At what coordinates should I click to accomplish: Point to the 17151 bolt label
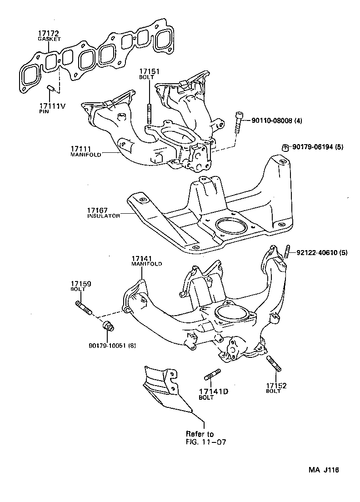coord(149,72)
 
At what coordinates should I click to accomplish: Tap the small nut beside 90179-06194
coord(285,147)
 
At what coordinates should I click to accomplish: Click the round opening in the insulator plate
coord(232,225)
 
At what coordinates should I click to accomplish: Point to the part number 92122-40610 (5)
coord(322,252)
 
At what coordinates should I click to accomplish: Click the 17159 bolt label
coord(80,284)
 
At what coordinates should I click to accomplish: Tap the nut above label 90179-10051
coord(108,326)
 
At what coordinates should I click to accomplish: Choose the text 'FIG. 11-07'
coord(205,442)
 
